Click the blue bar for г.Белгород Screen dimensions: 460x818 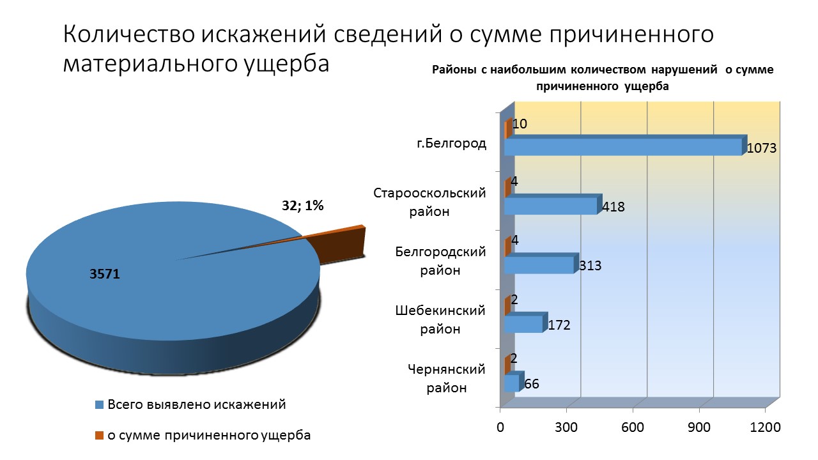tap(623, 147)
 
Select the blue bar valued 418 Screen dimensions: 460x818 tap(551, 206)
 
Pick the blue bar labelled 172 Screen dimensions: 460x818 tap(523, 324)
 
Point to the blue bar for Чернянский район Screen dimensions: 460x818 tap(511, 383)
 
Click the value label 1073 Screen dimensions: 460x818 tap(761, 148)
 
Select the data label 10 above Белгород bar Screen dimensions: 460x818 tap(520, 123)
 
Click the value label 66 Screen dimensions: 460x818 tap(531, 384)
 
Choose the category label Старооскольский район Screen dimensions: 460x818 tap(430, 202)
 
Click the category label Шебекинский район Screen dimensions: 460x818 tap(440, 319)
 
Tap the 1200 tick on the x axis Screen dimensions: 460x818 tap(765, 427)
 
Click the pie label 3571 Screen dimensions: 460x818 tap(105, 274)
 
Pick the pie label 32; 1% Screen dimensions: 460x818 tap(303, 206)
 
